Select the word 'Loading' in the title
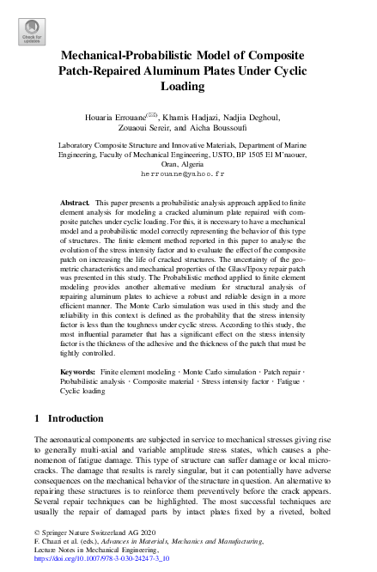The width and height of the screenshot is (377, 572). [188, 87]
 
